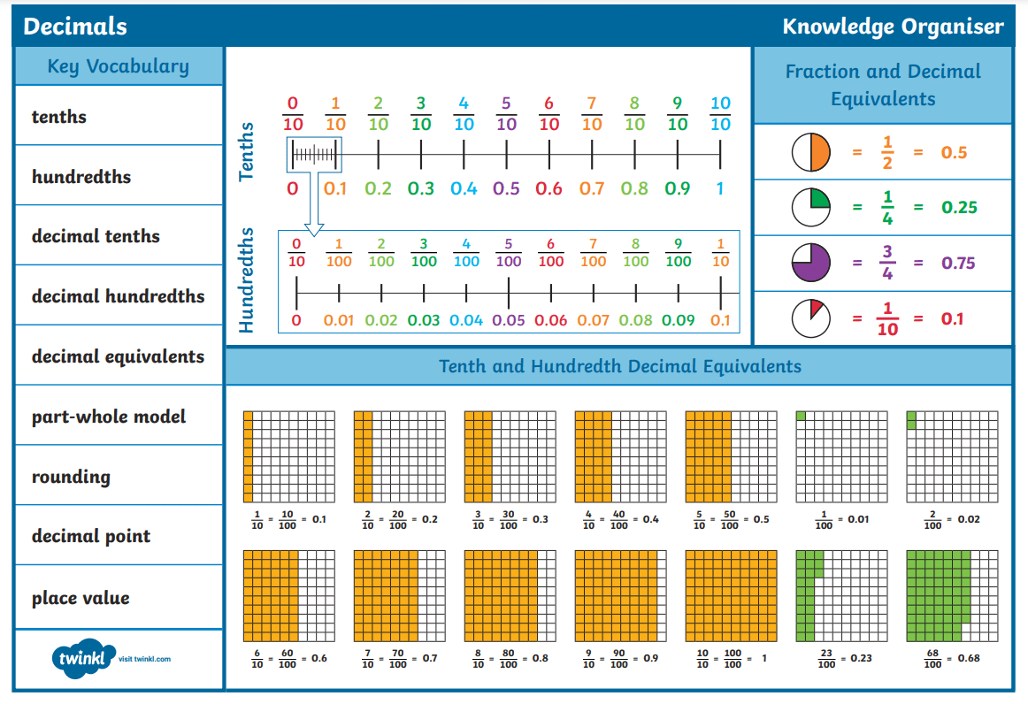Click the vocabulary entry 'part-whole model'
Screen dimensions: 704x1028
coord(109,417)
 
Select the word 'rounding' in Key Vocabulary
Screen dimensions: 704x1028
coord(71,477)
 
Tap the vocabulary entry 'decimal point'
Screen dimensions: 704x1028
coord(91,536)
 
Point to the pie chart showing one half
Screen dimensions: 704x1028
coord(810,152)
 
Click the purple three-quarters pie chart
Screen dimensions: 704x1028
coord(810,263)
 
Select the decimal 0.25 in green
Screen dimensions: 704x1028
coord(959,208)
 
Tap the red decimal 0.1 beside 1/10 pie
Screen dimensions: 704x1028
coord(952,319)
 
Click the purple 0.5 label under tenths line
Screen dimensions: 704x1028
coord(506,188)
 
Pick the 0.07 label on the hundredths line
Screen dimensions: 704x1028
coord(593,320)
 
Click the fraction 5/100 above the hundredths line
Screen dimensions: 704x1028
coord(508,253)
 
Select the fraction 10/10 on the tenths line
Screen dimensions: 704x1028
coord(720,113)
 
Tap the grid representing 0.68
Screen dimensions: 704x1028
coord(952,595)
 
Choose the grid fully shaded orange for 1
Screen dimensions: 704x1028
coord(731,595)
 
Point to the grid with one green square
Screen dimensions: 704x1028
coord(841,456)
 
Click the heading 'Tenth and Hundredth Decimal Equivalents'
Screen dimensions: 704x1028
coord(619,366)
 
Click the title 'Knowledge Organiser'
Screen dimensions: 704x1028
coord(893,27)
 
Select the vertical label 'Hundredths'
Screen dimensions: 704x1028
coord(247,280)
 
